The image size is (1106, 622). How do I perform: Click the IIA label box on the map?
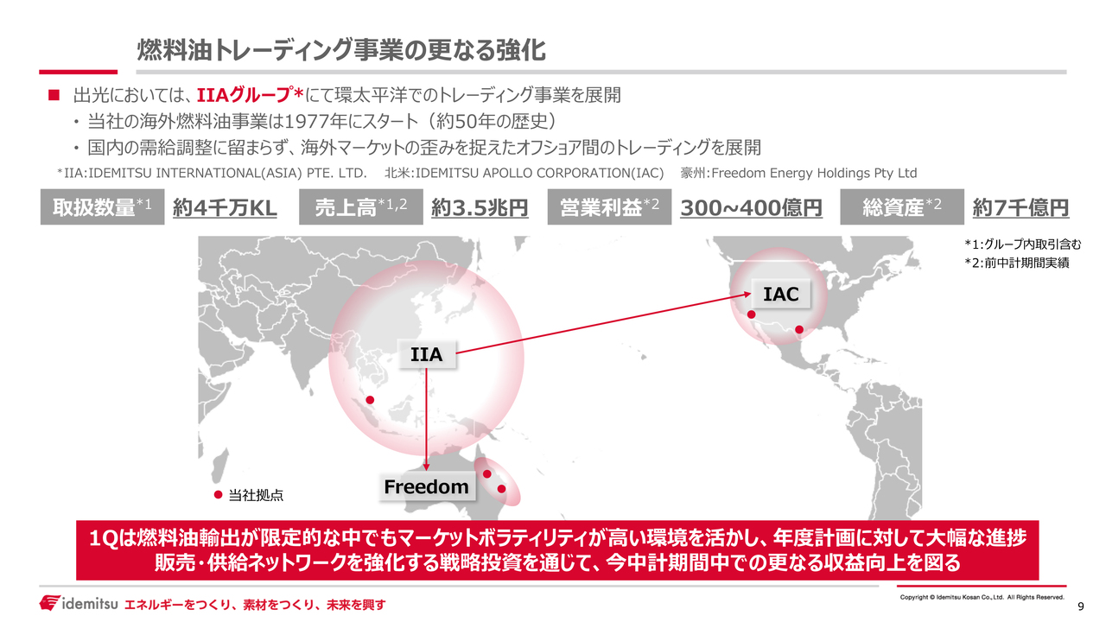(x=427, y=354)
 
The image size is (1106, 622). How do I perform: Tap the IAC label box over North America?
(x=780, y=294)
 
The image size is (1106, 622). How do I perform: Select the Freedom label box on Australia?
(x=427, y=486)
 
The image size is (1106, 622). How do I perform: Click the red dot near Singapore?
(x=370, y=400)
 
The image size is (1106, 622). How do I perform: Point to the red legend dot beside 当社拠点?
(x=218, y=495)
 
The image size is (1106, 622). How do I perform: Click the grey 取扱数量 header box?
(x=102, y=206)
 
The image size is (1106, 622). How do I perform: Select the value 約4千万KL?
(x=225, y=208)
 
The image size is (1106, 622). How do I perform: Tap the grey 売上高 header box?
(x=361, y=206)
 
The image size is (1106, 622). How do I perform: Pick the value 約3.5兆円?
(x=480, y=208)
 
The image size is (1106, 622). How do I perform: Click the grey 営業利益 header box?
(x=609, y=206)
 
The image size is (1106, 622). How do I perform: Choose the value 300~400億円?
(x=751, y=208)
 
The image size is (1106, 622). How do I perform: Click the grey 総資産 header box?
(x=902, y=206)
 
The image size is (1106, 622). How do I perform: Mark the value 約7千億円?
(x=1020, y=208)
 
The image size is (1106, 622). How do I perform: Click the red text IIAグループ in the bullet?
(x=244, y=95)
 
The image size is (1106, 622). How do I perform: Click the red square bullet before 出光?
(x=54, y=95)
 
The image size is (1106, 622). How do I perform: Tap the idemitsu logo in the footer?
(x=79, y=603)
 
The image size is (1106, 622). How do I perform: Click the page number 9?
(x=1080, y=606)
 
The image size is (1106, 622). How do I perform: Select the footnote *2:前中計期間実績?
(x=1017, y=263)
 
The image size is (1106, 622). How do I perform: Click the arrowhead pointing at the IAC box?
(x=747, y=295)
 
